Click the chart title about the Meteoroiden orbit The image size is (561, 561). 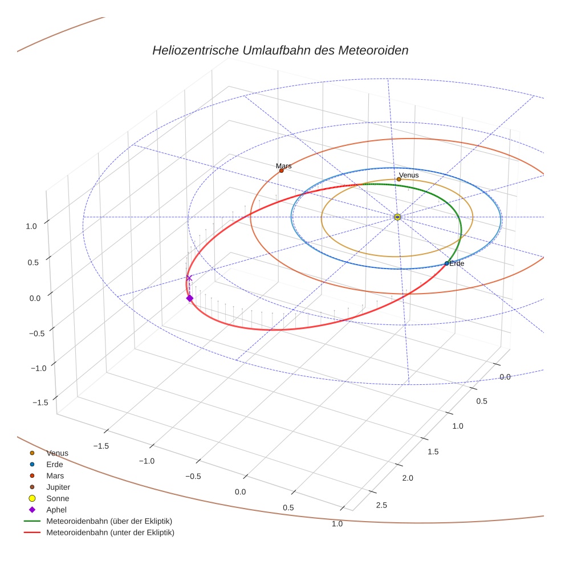(x=280, y=50)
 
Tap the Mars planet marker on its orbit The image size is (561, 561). (x=281, y=170)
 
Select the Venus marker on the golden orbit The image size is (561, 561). (x=399, y=180)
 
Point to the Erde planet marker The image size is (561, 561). (x=446, y=263)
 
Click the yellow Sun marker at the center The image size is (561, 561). (x=397, y=217)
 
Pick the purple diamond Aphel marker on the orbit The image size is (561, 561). (x=189, y=298)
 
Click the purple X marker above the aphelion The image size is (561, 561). (x=189, y=278)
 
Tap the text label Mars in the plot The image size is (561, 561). (x=284, y=166)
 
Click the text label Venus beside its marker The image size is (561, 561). (x=409, y=175)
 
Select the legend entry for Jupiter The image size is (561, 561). (x=58, y=487)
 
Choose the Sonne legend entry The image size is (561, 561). (x=58, y=499)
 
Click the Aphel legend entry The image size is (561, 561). (x=56, y=510)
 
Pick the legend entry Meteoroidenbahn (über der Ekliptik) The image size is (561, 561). (x=109, y=521)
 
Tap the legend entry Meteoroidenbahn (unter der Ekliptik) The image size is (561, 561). (x=110, y=532)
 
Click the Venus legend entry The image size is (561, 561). (x=57, y=453)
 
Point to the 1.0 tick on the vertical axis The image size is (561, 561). (x=31, y=226)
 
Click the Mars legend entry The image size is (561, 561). (x=55, y=475)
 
